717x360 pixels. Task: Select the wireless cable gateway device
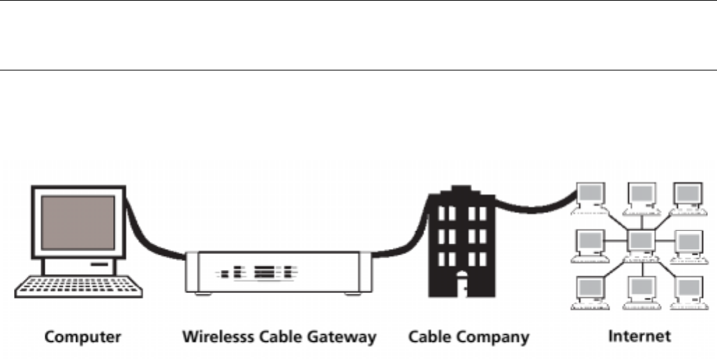[278, 272]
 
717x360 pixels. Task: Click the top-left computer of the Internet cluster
[590, 197]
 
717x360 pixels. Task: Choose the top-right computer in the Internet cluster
[688, 197]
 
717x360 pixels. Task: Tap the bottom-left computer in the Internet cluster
[590, 292]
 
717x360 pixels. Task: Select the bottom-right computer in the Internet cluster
[688, 292]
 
